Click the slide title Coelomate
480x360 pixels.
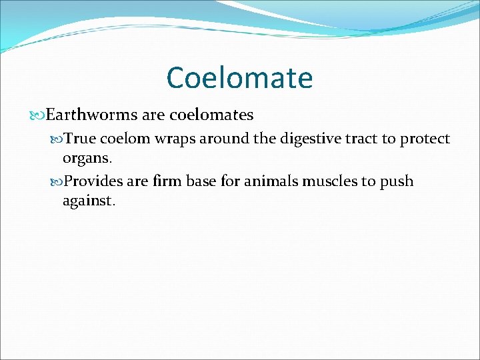pos(239,77)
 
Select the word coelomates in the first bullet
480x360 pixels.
pos(211,115)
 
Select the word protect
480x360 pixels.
pos(425,139)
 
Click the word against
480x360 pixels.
pos(88,201)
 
